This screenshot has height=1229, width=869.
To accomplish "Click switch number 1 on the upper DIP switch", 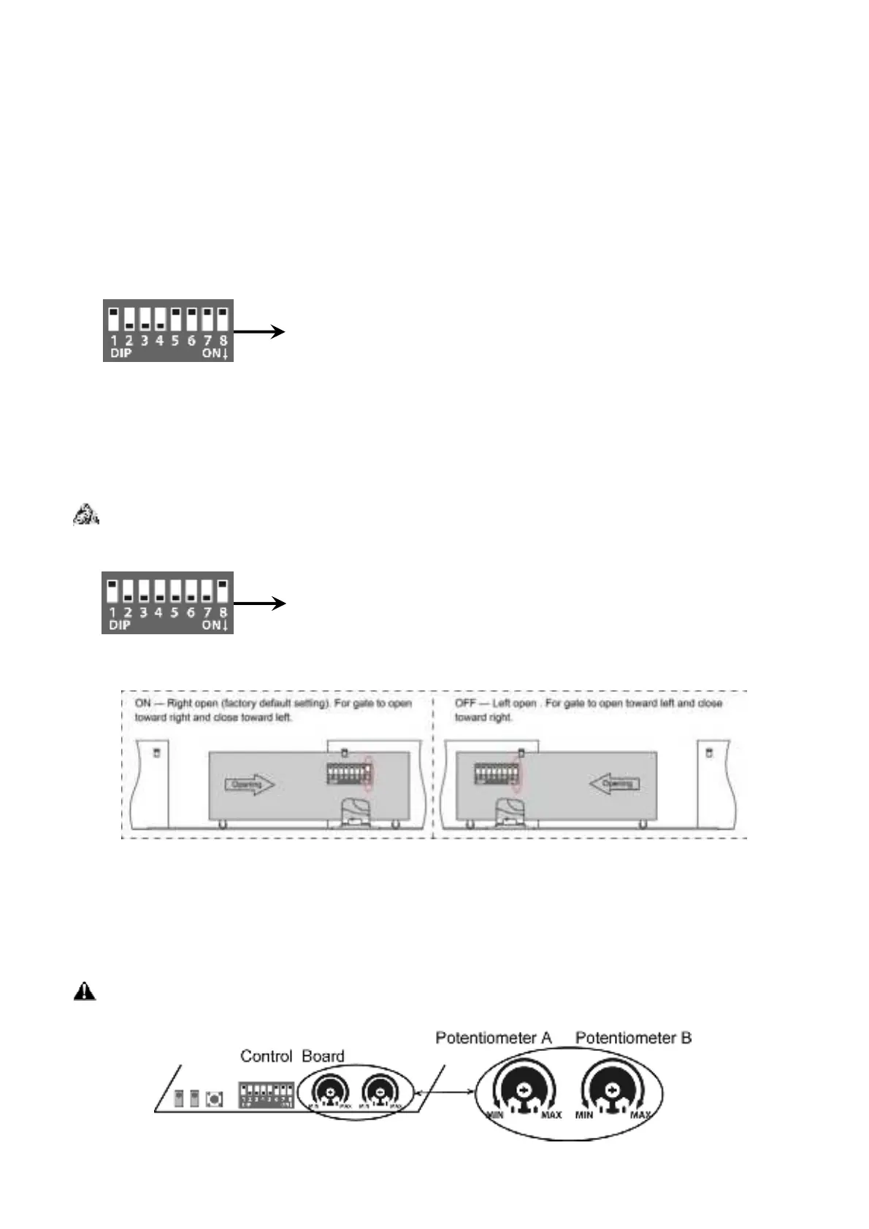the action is pos(114,320).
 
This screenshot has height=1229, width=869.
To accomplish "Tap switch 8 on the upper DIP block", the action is pos(223,320).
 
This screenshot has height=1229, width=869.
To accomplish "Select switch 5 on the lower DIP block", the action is pos(175,591).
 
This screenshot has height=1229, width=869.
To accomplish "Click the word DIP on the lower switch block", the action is pos(120,625).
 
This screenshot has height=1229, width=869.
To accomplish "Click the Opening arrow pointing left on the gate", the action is pos(614,784).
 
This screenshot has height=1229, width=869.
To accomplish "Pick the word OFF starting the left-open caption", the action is pos(465,704).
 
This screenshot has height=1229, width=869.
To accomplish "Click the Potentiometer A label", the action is pos(494,1038).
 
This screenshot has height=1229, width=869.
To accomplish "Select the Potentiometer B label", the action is pos(633,1038).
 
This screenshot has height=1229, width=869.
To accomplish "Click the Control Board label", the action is pos(292,1056).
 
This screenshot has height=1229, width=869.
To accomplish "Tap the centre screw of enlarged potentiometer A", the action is pos(524,1090).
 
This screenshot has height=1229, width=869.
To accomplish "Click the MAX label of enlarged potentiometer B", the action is pos(640,1115).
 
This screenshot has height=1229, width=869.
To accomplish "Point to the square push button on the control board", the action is pos(215,1098).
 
